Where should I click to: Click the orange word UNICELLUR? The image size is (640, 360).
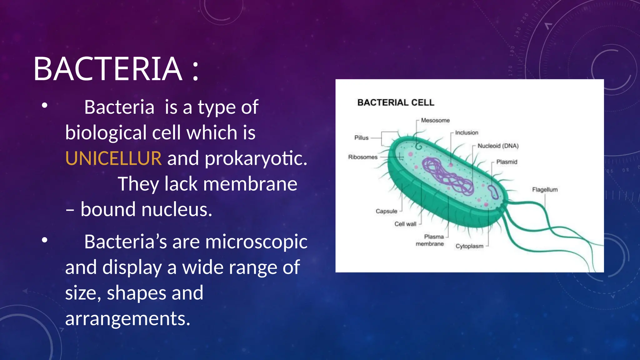[x=113, y=158]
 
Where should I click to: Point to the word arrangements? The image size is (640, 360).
[x=127, y=319]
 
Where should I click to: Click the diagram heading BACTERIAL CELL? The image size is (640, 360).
[x=396, y=102]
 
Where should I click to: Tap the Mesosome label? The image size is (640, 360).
[x=435, y=120]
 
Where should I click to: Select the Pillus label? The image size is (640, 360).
[x=361, y=138]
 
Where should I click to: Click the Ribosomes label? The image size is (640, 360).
[x=363, y=157]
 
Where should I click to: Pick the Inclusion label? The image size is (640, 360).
[x=467, y=132]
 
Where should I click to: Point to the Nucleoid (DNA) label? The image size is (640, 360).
[x=498, y=146]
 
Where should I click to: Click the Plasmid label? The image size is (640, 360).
[x=507, y=162]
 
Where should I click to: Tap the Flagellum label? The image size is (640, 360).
[x=545, y=190]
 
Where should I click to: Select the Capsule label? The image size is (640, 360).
[x=386, y=211]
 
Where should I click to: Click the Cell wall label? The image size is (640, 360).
[x=405, y=224]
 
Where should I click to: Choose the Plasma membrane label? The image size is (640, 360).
[x=430, y=240]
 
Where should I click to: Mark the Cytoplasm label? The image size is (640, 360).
[x=469, y=246]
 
